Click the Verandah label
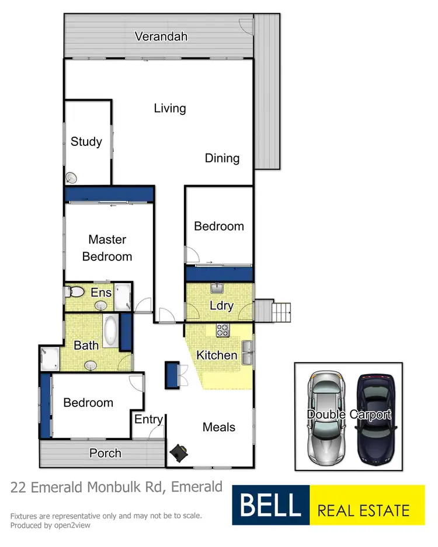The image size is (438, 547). click(161, 37)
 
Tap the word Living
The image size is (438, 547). click(170, 108)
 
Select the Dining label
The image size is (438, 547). click(222, 158)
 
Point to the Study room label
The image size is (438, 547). click(86, 141)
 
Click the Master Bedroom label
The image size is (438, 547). click(107, 248)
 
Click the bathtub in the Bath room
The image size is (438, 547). click(110, 331)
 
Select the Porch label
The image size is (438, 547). click(105, 453)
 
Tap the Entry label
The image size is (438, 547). click(148, 419)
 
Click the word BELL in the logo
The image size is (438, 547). click(270, 506)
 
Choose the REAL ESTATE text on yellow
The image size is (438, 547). click(363, 511)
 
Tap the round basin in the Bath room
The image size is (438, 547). click(91, 365)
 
